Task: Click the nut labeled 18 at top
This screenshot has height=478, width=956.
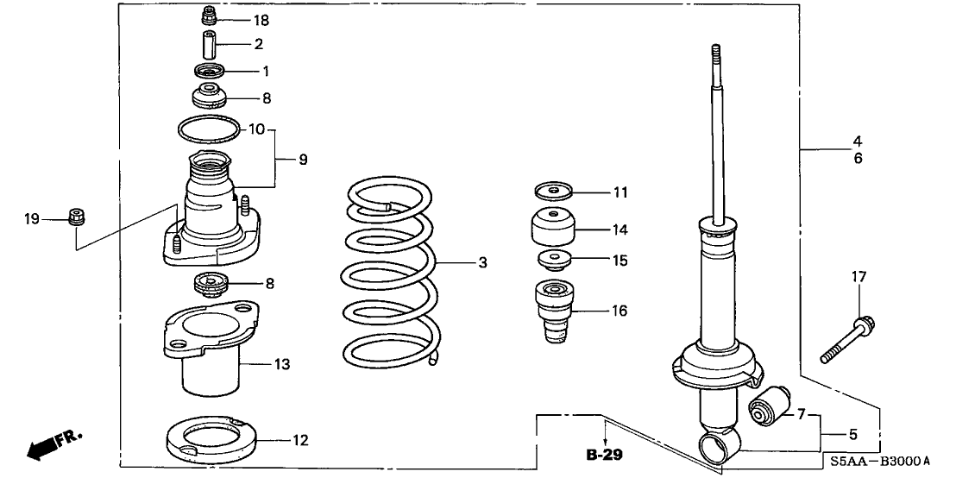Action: coord(208,16)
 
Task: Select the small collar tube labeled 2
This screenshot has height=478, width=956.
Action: coord(208,43)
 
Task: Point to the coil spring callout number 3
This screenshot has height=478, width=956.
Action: coord(483,261)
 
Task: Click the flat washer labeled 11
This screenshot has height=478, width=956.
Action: coord(553,190)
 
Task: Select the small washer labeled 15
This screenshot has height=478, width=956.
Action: coord(553,260)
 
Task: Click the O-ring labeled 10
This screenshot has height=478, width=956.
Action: coord(209,129)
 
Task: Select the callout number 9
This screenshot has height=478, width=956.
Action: coord(303,160)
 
